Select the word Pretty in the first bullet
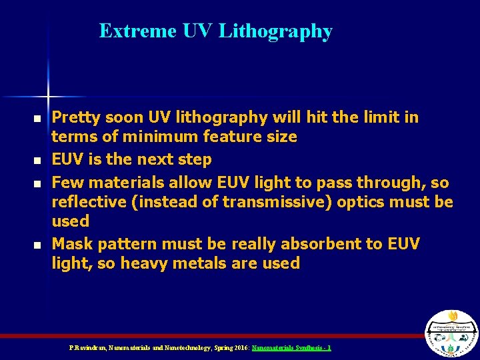pos(74,118)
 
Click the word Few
pos(65,182)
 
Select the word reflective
pos(90,201)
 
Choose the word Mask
pos(70,244)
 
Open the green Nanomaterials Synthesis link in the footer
pos(291,348)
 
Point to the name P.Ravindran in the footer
pos(86,348)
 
